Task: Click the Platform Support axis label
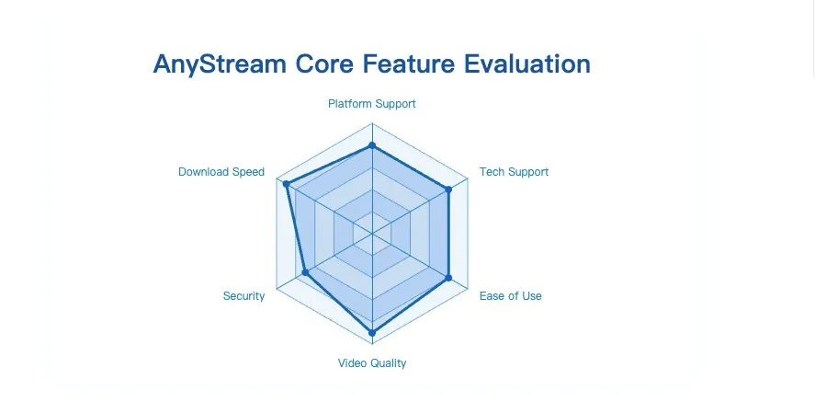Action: point(372,104)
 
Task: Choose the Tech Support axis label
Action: point(514,172)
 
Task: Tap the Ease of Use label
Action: point(511,296)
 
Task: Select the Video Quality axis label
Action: point(372,363)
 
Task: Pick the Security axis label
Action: point(243,296)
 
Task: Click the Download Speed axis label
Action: point(221,172)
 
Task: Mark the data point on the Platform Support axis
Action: point(372,145)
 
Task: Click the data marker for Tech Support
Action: point(448,190)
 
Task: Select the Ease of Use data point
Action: point(448,277)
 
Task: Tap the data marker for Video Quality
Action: point(372,331)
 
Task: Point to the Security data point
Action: point(305,272)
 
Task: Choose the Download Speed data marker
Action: point(287,184)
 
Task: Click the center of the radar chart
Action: point(372,234)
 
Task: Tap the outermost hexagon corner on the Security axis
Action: point(277,289)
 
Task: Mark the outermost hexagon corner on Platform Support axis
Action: point(372,122)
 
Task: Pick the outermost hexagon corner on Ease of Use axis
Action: point(469,289)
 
